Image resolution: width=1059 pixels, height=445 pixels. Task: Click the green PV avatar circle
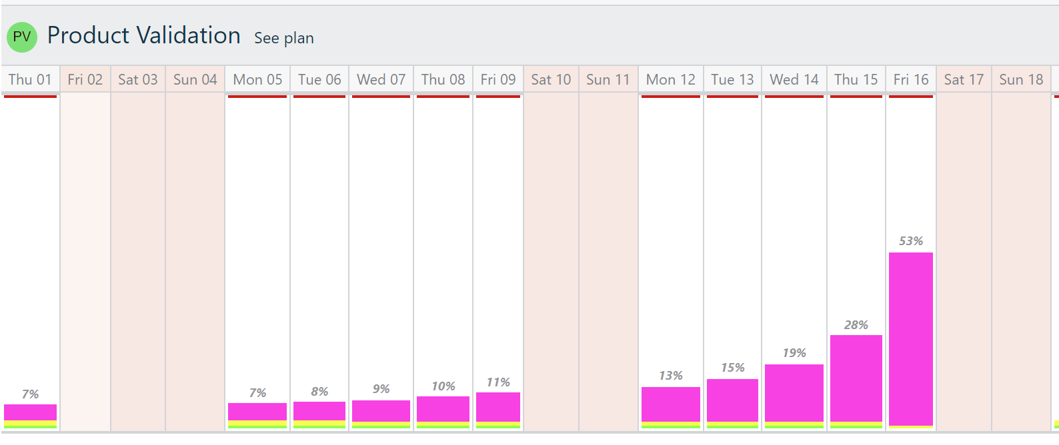(22, 37)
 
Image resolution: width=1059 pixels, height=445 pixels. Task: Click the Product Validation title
(144, 35)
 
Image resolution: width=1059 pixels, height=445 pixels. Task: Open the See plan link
(284, 38)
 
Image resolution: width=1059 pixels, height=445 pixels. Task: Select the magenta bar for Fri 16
(911, 338)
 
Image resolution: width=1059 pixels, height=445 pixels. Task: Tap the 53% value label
(911, 241)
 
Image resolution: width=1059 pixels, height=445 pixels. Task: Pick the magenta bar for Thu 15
(856, 378)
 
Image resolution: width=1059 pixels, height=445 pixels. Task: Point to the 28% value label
(856, 325)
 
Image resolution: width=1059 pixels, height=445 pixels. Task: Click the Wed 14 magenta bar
(794, 392)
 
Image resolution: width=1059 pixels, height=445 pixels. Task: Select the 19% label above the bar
(794, 353)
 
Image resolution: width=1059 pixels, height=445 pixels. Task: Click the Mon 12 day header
(671, 80)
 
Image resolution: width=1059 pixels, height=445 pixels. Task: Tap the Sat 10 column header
(551, 80)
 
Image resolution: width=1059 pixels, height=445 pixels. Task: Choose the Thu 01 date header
(30, 80)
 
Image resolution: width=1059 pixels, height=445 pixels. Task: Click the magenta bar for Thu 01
(30, 412)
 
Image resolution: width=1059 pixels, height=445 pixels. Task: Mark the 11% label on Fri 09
(498, 382)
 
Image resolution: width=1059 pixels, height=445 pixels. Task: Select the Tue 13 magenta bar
(732, 400)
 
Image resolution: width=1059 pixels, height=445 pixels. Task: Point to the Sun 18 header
(1021, 80)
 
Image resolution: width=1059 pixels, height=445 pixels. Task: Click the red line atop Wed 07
(381, 97)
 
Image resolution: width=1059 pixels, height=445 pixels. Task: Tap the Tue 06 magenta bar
(319, 410)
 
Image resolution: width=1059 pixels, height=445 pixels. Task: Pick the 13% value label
(671, 376)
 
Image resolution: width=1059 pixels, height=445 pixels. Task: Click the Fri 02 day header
(85, 80)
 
